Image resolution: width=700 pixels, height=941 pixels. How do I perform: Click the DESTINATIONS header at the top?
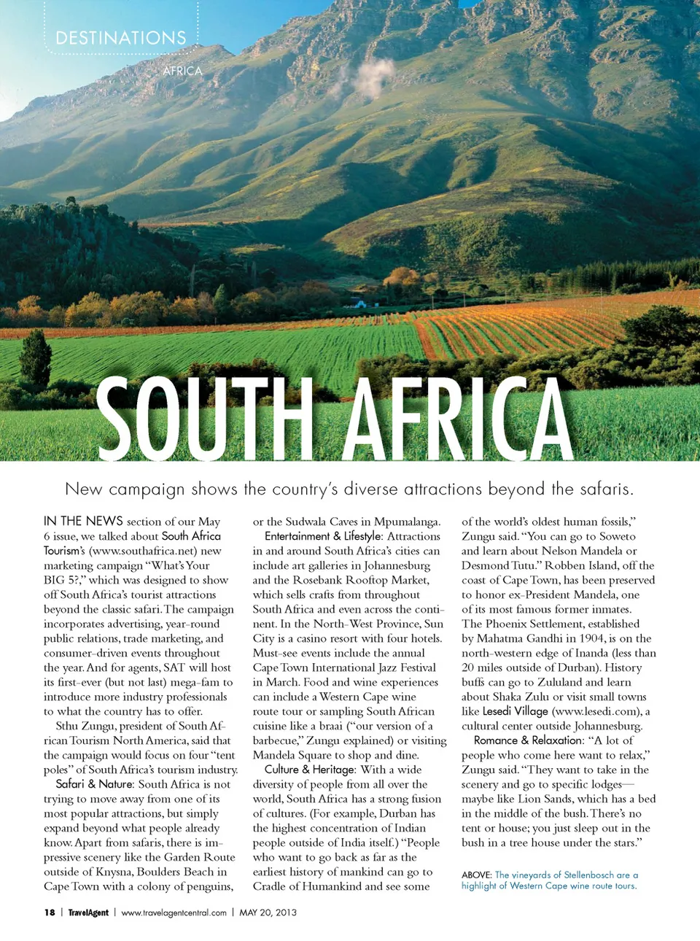coord(121,38)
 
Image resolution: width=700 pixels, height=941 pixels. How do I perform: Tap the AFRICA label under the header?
coord(182,71)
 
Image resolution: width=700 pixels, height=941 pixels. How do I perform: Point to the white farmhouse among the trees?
coord(359,303)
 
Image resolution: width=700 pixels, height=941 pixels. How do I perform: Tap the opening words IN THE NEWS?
coord(83,521)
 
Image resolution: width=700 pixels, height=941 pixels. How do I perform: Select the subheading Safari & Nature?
coord(95,784)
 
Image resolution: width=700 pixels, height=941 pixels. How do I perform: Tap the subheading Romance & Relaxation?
coord(529,740)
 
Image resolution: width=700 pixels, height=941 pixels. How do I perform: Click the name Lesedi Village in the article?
coord(515,711)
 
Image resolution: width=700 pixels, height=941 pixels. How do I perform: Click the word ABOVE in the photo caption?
coord(476,875)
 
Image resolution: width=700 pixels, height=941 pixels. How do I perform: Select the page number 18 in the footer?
coord(50,913)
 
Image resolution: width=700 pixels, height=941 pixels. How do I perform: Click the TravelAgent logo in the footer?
coord(88,913)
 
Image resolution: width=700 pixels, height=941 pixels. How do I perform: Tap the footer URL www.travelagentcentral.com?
coord(174,913)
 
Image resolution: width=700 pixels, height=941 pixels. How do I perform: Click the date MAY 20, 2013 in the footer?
coord(268,913)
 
